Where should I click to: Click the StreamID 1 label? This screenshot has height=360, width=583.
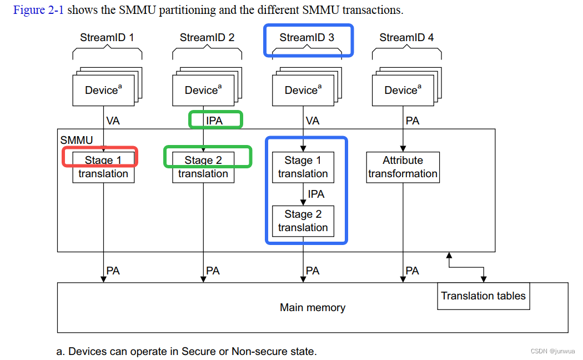[107, 38]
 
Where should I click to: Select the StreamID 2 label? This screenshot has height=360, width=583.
[207, 38]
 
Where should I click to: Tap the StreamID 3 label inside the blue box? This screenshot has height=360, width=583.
[306, 38]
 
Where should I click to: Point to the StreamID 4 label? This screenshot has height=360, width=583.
[406, 38]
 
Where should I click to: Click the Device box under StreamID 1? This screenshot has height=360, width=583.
[103, 90]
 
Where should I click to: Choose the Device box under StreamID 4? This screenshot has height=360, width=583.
[403, 90]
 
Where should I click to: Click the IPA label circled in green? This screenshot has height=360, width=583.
[214, 121]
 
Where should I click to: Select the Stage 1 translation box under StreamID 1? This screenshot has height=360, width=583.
[103, 167]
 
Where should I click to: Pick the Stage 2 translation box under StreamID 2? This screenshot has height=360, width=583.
[203, 167]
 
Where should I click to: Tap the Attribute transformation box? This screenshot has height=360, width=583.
[403, 167]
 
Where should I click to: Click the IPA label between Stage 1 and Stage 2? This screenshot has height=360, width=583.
[316, 194]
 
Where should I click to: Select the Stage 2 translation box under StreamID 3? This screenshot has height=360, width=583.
[303, 221]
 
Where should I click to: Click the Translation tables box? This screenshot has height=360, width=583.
[483, 296]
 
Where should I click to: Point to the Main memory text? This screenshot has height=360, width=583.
[312, 308]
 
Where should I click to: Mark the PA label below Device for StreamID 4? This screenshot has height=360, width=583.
[413, 121]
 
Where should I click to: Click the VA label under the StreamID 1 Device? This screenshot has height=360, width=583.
[113, 121]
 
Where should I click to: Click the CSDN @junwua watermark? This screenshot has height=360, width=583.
[552, 351]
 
